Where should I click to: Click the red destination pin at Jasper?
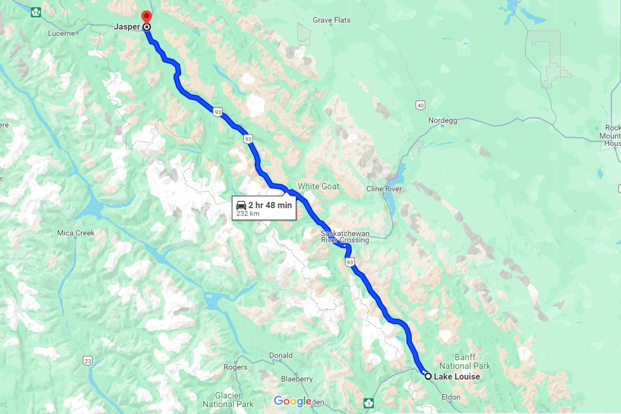tap(146, 16)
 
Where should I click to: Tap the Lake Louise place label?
tap(456, 377)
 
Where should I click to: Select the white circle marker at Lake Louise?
tap(428, 376)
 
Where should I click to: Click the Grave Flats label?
tap(331, 20)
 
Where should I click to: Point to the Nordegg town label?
tap(442, 121)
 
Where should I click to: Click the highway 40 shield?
tap(420, 106)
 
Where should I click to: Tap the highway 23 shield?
tap(87, 360)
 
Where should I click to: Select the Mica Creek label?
tap(76, 233)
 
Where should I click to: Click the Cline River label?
tap(383, 189)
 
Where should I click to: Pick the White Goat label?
tap(318, 186)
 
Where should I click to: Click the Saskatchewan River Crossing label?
tap(345, 236)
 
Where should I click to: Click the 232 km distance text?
tap(248, 213)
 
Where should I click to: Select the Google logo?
tap(292, 401)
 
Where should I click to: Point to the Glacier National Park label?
tap(228, 400)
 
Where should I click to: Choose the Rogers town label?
tap(235, 367)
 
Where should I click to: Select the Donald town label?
tap(280, 356)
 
